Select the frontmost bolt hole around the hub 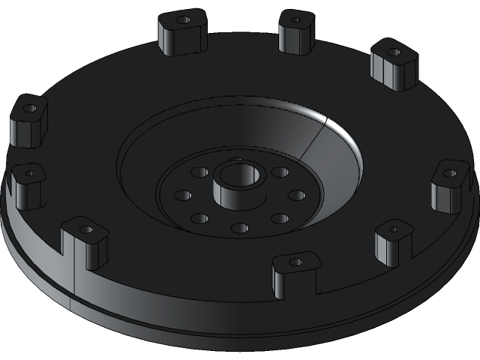tap(239, 228)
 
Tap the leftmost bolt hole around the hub tap(183, 195)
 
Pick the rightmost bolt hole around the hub tap(297, 195)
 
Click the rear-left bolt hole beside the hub tap(199, 172)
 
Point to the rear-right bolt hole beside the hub tap(280, 172)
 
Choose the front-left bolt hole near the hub tap(199, 218)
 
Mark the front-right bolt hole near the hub tap(280, 218)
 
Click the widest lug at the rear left tap(182, 33)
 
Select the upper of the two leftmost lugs tap(28, 121)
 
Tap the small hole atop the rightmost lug tap(449, 173)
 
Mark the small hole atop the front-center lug tap(296, 262)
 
